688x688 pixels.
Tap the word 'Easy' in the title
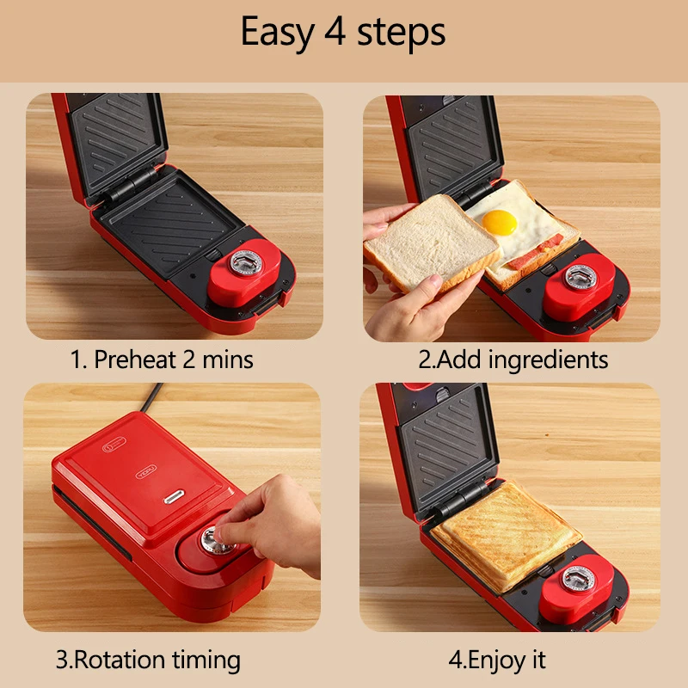277,33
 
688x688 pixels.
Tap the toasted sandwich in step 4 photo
505,533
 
